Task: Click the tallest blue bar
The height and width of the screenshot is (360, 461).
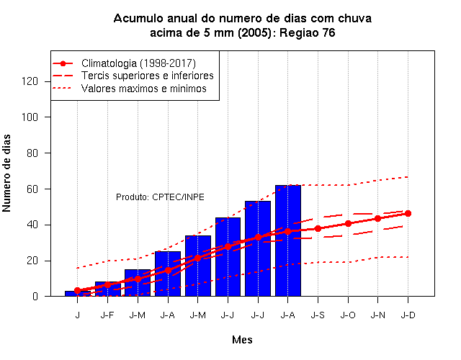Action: [x=288, y=240]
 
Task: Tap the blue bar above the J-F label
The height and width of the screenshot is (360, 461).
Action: [x=107, y=289]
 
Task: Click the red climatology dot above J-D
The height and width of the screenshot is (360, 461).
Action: [x=408, y=214]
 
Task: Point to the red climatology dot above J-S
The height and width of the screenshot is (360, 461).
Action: [x=318, y=228]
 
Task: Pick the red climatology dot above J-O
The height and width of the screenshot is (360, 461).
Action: [x=348, y=224]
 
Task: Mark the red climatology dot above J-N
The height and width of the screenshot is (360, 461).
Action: [x=377, y=219]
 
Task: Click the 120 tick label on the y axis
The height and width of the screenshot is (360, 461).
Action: [x=30, y=81]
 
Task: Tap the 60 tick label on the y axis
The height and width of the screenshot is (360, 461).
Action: [x=32, y=189]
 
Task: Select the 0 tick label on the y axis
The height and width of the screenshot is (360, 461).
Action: [x=35, y=296]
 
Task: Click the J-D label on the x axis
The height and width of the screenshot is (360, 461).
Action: [x=408, y=315]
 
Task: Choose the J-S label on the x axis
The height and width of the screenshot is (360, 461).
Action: [x=318, y=315]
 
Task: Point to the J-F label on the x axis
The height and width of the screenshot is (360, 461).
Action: [x=107, y=315]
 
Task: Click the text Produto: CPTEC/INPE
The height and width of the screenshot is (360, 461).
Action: [x=160, y=197]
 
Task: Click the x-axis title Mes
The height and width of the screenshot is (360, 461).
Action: [x=242, y=340]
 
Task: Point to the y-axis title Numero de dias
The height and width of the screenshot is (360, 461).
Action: [x=6, y=174]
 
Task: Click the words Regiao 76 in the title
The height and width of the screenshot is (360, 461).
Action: [x=308, y=32]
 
